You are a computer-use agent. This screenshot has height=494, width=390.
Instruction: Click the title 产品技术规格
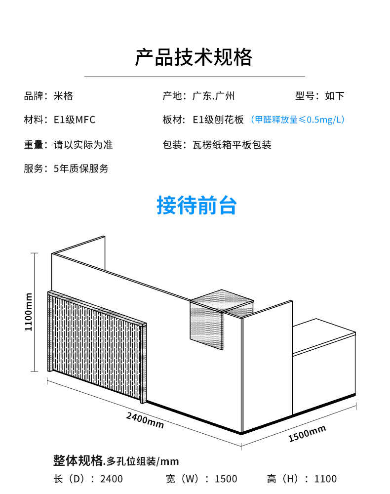(194, 57)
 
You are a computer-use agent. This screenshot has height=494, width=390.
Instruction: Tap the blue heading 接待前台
(196, 206)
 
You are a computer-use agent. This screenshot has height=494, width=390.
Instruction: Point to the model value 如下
(334, 96)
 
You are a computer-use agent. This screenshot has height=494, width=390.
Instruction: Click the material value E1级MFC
(74, 120)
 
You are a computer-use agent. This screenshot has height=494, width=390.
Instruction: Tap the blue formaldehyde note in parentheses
(297, 120)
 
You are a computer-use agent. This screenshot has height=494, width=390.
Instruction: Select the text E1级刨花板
(218, 120)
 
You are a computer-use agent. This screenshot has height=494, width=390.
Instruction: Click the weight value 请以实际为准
(83, 145)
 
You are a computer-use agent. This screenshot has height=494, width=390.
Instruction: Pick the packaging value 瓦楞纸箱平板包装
(232, 145)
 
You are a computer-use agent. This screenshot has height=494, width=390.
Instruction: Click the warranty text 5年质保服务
(80, 169)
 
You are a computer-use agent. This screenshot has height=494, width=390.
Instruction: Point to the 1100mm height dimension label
(29, 312)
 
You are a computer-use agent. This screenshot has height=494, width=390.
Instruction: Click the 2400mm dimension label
(145, 419)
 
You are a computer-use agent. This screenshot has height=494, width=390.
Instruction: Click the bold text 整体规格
(78, 460)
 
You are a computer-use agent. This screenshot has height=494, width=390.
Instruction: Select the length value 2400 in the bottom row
(111, 479)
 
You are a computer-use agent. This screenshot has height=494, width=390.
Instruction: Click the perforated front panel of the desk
(96, 346)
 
